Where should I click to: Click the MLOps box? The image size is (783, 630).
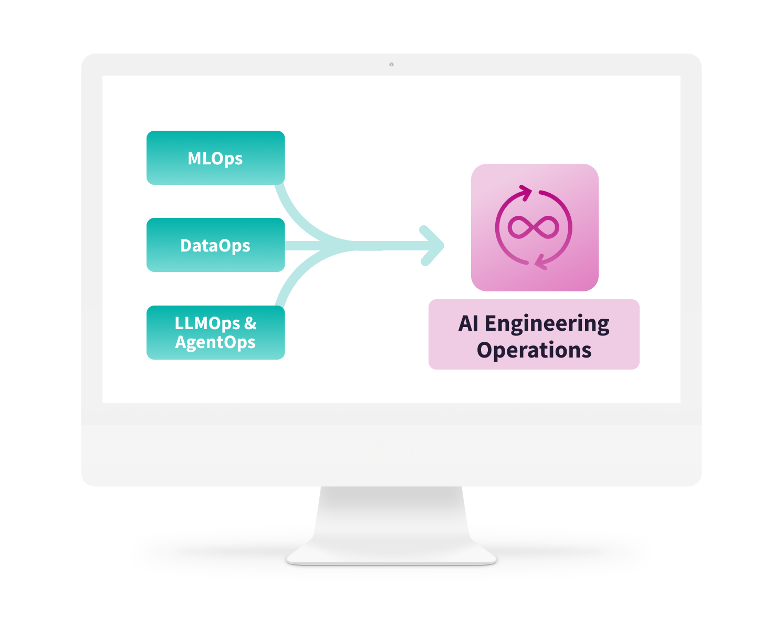tap(215, 157)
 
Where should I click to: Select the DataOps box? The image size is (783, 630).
tap(215, 245)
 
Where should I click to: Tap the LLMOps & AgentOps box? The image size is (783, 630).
tap(215, 332)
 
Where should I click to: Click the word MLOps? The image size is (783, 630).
tap(215, 159)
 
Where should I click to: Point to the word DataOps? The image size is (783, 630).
tap(215, 246)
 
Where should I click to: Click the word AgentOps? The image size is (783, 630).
tap(215, 342)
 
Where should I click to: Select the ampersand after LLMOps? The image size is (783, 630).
tap(250, 323)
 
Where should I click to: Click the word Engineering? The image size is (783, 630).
tap(547, 324)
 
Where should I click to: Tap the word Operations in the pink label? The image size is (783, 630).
tap(534, 350)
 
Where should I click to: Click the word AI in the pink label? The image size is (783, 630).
tap(468, 323)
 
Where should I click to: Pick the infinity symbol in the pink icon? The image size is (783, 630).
tap(534, 227)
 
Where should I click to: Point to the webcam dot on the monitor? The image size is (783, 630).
tap(391, 65)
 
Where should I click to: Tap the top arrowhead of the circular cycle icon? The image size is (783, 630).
tap(525, 193)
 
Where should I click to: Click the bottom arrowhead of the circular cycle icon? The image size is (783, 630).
tap(541, 262)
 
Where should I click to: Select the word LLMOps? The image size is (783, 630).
tap(207, 323)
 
